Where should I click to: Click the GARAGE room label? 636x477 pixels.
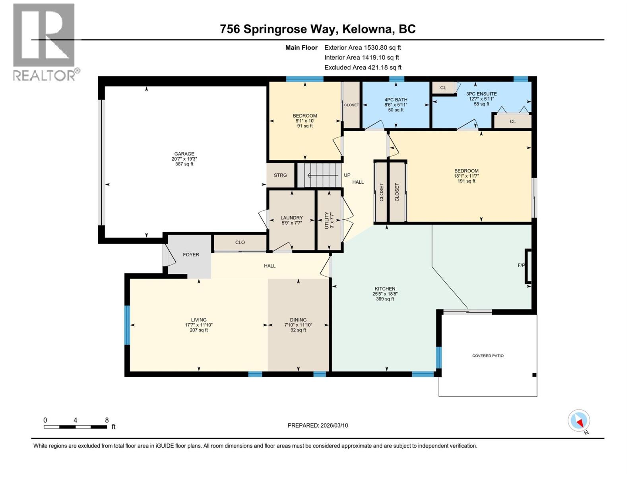tap(184, 154)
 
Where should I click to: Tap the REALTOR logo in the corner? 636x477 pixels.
tap(44, 42)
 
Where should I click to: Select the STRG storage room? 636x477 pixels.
tap(280, 175)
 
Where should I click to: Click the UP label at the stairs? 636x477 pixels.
tap(347, 175)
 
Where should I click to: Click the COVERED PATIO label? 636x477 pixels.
tap(488, 356)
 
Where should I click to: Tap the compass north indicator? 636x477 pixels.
tap(579, 421)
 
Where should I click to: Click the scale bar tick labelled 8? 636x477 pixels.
tap(107, 420)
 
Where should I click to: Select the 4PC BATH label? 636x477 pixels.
tap(396, 100)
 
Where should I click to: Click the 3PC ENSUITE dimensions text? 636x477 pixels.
tap(481, 99)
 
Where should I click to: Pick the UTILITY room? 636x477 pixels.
tap(329, 220)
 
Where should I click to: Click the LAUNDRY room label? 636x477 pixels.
tap(291, 218)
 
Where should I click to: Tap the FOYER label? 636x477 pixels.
tap(191, 254)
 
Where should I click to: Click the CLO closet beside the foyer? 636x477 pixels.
tap(240, 242)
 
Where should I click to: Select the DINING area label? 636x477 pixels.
tap(298, 320)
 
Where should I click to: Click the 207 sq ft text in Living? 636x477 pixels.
tap(199, 330)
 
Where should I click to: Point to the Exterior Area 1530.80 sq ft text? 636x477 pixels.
tap(363, 47)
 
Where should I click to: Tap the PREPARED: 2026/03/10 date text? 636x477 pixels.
tap(318, 425)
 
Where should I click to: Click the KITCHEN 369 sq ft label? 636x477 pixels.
tap(385, 299)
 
